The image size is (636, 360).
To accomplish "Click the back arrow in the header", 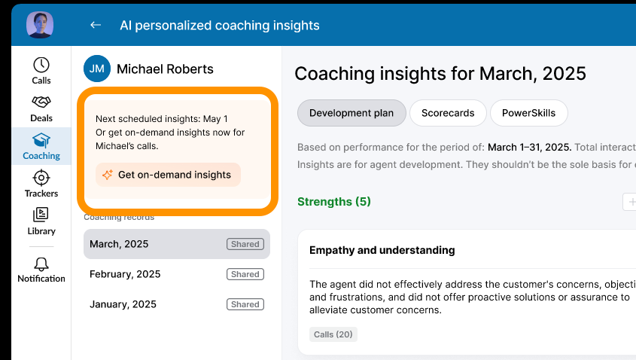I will point(96,25).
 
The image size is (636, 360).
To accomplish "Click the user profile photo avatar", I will point(40,25).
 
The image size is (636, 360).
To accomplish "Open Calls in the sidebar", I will point(41,71).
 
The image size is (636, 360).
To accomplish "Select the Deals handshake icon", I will point(41,102).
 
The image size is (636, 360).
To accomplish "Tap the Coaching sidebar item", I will point(41,146).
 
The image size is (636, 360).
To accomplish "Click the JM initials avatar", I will point(97,69).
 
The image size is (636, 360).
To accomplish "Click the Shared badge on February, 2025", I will point(245,274).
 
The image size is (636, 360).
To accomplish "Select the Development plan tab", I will point(351,113).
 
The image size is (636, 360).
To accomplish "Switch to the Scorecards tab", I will point(448,113).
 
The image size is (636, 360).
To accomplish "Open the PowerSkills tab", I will point(528,113).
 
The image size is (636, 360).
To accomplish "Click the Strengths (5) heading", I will point(334,202).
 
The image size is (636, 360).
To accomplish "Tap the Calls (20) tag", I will point(333,334).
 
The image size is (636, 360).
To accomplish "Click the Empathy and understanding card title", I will point(382,250).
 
